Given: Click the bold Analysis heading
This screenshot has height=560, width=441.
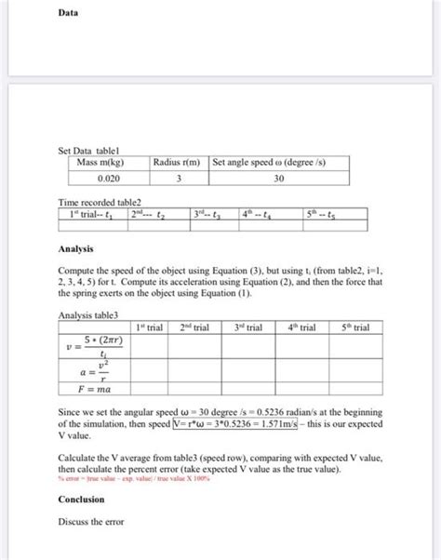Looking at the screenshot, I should pyautogui.click(x=75, y=248).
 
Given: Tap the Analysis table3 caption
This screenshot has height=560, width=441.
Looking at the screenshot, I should pyautogui.click(x=89, y=315).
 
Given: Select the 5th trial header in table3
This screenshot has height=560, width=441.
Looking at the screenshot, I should pyautogui.click(x=354, y=328).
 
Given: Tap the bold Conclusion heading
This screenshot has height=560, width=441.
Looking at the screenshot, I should pyautogui.click(x=81, y=500).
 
